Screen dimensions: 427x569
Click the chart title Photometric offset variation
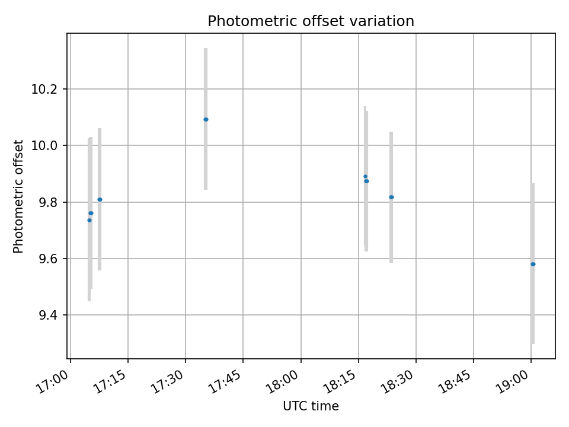click(x=311, y=21)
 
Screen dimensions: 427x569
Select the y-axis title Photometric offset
click(x=18, y=196)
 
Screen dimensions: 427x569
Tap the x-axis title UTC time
click(x=311, y=406)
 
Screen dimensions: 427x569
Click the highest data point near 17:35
click(x=206, y=119)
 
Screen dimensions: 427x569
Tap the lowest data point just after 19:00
click(x=533, y=264)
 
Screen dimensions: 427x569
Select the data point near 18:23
click(x=391, y=197)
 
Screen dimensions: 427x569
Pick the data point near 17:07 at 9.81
click(x=100, y=199)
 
